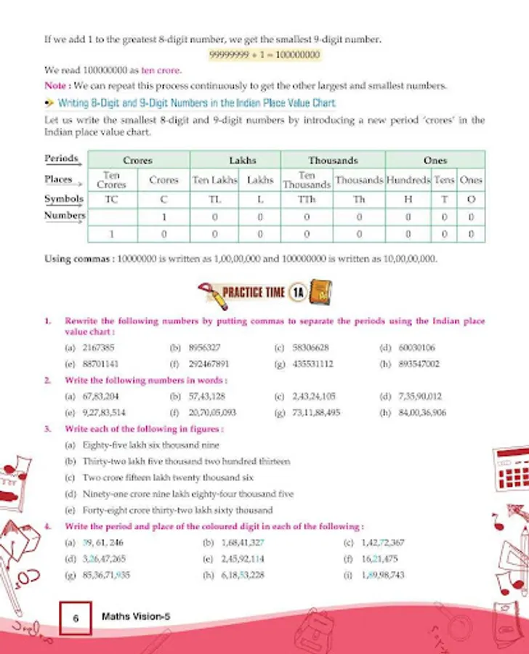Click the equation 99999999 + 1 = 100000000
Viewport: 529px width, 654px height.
(264, 54)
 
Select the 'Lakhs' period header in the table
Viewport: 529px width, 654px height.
(243, 160)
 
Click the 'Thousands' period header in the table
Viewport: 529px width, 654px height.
(333, 160)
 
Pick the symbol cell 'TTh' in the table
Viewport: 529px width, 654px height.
(307, 198)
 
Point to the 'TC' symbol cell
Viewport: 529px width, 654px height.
(112, 198)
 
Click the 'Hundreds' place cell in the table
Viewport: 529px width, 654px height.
(408, 179)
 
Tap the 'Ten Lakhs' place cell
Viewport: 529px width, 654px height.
(214, 179)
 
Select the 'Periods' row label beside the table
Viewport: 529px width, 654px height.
(61, 158)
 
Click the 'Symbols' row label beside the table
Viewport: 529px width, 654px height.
(64, 198)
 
